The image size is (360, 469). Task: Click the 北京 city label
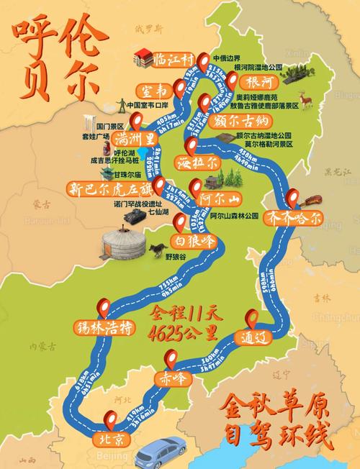[111, 438]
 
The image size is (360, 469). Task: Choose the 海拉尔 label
[195, 163]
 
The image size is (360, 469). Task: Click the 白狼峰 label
[192, 239]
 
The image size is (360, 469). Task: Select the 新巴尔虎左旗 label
[112, 188]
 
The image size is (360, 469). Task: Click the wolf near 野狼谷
[158, 248]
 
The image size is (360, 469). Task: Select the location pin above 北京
[111, 417]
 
